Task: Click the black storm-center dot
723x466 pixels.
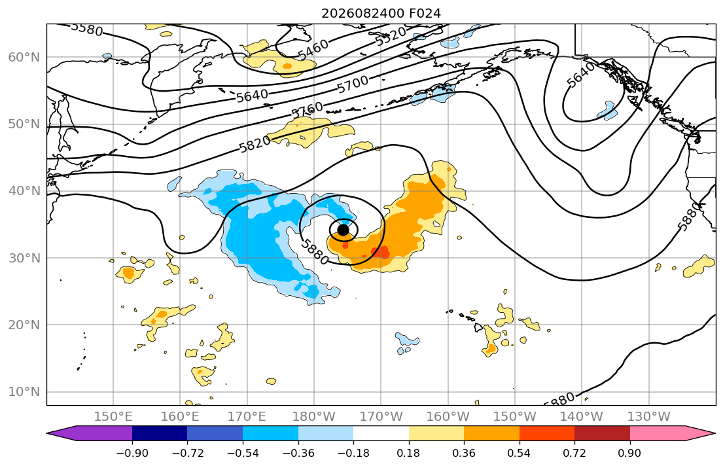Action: pos(343,230)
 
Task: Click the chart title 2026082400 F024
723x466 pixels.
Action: pos(381,13)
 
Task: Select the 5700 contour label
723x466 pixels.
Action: pos(353,84)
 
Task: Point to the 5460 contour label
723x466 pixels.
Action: pos(313,49)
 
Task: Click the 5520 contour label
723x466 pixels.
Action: pos(391,36)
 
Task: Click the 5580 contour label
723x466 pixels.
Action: pos(86,29)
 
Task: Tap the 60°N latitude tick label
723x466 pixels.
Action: pos(24,57)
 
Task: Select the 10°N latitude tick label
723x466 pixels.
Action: pos(24,392)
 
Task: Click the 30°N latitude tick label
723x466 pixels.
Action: pos(24,258)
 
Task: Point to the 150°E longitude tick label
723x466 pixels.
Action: pos(113,417)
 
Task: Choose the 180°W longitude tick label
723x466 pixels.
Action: pos(314,417)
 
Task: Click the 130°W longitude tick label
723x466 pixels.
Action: pos(649,417)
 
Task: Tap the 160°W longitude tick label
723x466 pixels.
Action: pos(448,417)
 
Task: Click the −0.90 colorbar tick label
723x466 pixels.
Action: pos(132,453)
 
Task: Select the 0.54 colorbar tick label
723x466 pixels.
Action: pos(520,453)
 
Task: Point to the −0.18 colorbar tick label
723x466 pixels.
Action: pos(354,453)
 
